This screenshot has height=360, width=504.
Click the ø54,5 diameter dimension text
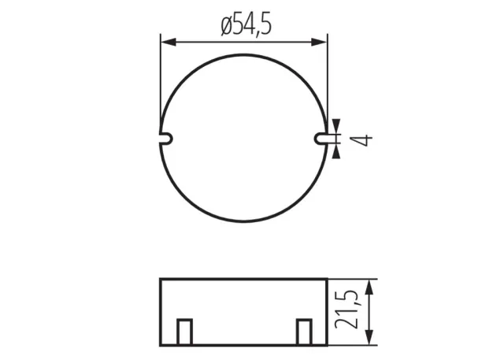pyautogui.click(x=246, y=26)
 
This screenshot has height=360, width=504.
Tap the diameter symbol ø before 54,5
pyautogui.click(x=225, y=27)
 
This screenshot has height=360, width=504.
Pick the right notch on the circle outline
pyautogui.click(x=321, y=138)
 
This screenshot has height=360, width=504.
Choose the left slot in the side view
pyautogui.click(x=184, y=332)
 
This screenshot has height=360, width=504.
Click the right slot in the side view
pyautogui.click(x=303, y=332)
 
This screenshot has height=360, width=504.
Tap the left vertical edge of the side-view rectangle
pyautogui.click(x=160, y=311)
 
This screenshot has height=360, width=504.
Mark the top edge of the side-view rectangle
pyautogui.click(x=243, y=278)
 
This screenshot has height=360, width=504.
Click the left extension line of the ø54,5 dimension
pyautogui.click(x=160, y=79)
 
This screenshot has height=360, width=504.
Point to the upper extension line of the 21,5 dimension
pyautogui.click(x=354, y=278)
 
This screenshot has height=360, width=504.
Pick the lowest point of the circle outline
pyautogui.click(x=243, y=221)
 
